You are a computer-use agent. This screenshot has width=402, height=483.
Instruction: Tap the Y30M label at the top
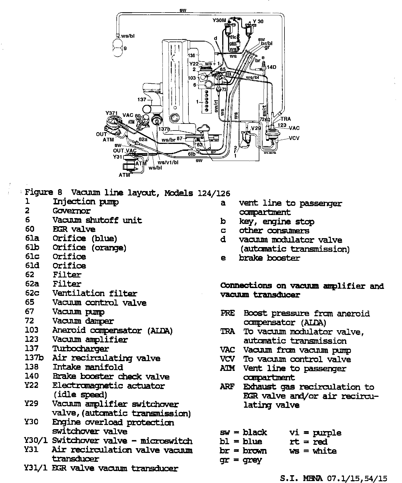coord(219,20)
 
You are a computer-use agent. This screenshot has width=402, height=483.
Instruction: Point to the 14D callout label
coord(271,67)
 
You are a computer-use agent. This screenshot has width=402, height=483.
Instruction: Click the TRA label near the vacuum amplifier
coord(286,119)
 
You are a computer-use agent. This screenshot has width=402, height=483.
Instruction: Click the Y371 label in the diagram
coord(112,113)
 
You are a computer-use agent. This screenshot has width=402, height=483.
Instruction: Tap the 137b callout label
coord(164,129)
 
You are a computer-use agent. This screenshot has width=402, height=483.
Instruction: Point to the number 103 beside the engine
coord(192,78)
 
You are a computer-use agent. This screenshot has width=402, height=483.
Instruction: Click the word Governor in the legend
coord(71,211)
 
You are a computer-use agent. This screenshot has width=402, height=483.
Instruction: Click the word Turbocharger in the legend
coord(81,349)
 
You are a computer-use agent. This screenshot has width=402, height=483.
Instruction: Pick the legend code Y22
coord(31,385)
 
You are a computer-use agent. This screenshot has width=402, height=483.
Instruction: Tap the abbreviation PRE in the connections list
coord(228,313)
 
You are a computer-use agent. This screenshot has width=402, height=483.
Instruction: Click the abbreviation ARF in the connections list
coord(227,387)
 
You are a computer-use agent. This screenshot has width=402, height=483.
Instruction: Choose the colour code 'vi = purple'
coord(315,433)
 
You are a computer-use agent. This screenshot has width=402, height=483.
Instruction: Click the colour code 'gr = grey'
coord(241,460)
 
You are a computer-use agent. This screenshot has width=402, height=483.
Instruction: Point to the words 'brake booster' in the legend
coord(269,258)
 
